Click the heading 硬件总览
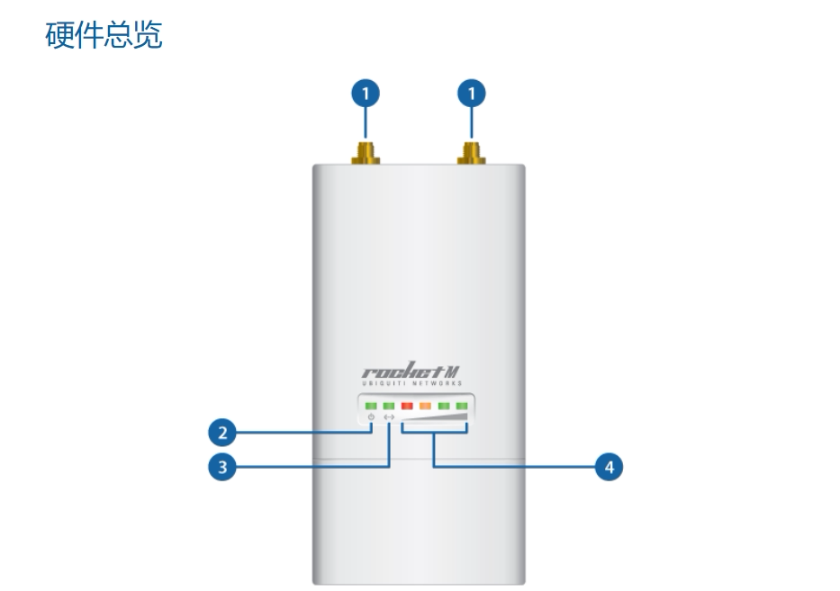pos(104,36)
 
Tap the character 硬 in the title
pos(59,36)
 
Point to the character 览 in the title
pos(149,36)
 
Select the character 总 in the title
pos(119,36)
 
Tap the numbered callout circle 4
pos(610,467)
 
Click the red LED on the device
pos(406,406)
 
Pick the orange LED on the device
pos(425,406)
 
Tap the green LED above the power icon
pos(369,406)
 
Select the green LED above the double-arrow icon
pos(388,406)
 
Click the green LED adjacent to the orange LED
pos(444,406)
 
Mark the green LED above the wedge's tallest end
pos(463,406)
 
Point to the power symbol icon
pos(369,417)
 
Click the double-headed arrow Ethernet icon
pos(389,417)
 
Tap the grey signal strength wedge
pos(436,418)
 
